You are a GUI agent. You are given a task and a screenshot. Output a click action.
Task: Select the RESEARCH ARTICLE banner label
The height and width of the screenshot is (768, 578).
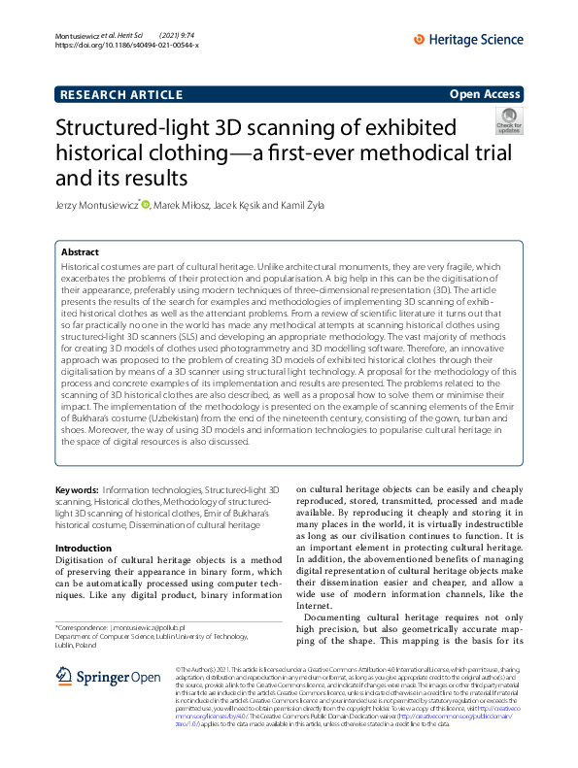click(121, 94)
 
